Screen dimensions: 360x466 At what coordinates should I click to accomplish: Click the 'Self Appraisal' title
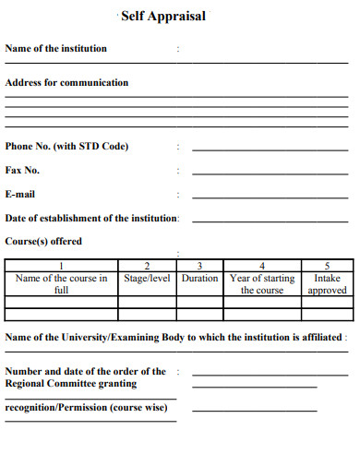163,16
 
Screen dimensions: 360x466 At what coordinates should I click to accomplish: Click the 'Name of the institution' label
56,48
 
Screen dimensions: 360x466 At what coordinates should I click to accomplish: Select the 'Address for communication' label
67,82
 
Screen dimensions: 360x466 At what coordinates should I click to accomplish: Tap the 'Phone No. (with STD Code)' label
67,146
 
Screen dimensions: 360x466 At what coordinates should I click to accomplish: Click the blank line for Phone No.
270,149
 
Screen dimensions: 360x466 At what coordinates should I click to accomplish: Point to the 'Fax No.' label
23,170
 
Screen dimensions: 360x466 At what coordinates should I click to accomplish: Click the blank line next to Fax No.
270,173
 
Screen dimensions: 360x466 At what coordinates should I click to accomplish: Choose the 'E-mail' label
20,194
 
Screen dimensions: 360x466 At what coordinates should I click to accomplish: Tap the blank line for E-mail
270,197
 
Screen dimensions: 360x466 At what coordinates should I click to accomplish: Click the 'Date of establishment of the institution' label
92,218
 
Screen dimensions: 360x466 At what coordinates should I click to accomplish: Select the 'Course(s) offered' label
43,241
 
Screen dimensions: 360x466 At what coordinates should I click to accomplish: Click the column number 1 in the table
62,266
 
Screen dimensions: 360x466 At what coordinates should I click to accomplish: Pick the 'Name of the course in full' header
62,283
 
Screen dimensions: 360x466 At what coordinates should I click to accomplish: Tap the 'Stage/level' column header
147,278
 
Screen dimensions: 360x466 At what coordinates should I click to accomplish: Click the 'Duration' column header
199,278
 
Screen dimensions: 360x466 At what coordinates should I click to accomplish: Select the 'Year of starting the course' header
262,283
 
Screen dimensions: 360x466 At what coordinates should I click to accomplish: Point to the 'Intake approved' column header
327,283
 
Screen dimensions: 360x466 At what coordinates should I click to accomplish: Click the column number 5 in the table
327,266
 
